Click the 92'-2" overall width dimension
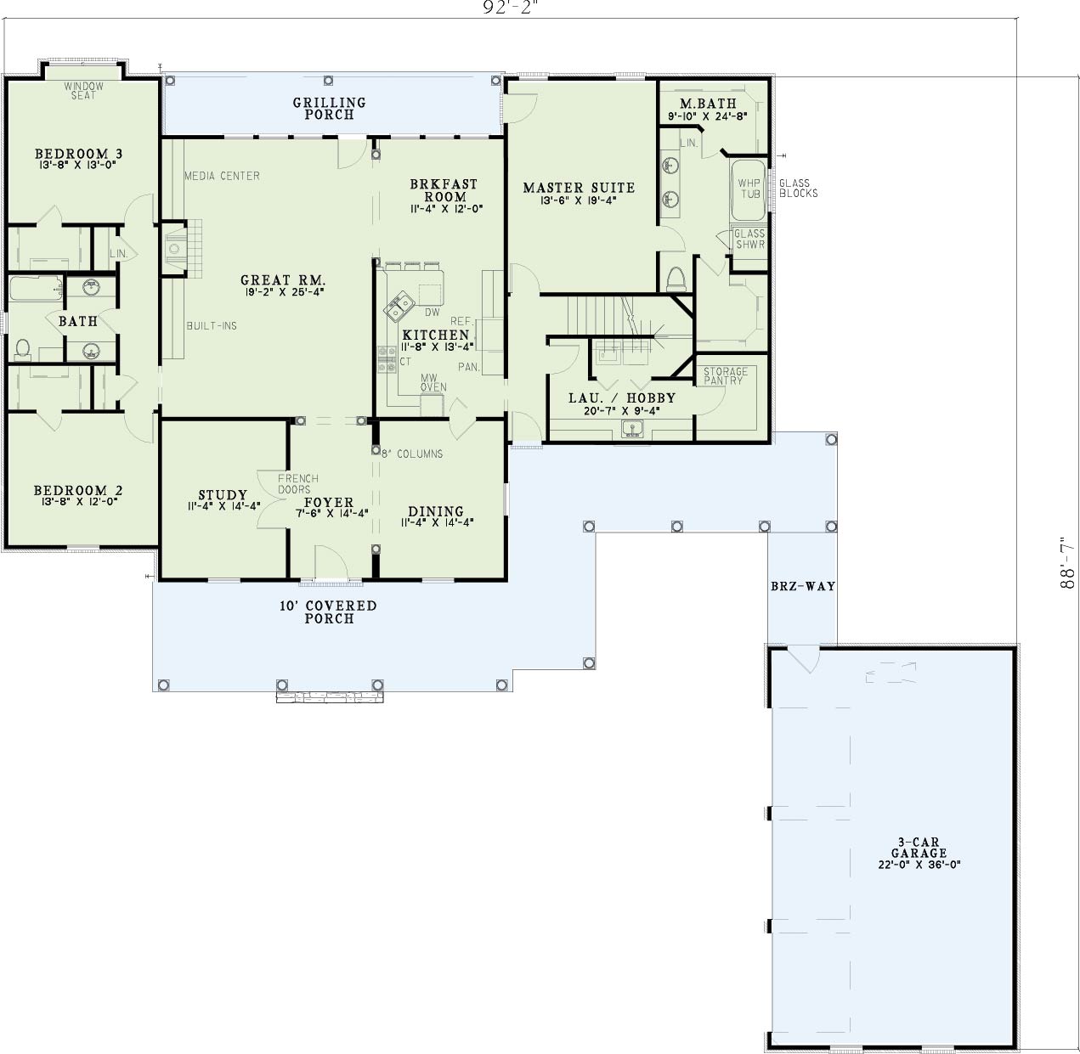pos(511,7)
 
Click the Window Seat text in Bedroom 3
pos(84,90)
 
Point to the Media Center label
pos(222,176)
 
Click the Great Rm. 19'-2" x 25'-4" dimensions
pos(282,292)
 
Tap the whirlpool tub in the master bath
pos(748,189)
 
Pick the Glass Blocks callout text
pos(798,188)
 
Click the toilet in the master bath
pos(676,279)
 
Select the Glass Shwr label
pos(749,240)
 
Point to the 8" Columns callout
pos(412,454)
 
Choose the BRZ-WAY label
pos(802,586)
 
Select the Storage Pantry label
pos(726,375)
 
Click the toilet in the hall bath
pos(23,347)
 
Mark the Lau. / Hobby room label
pos(622,397)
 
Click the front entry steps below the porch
pos(331,697)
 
